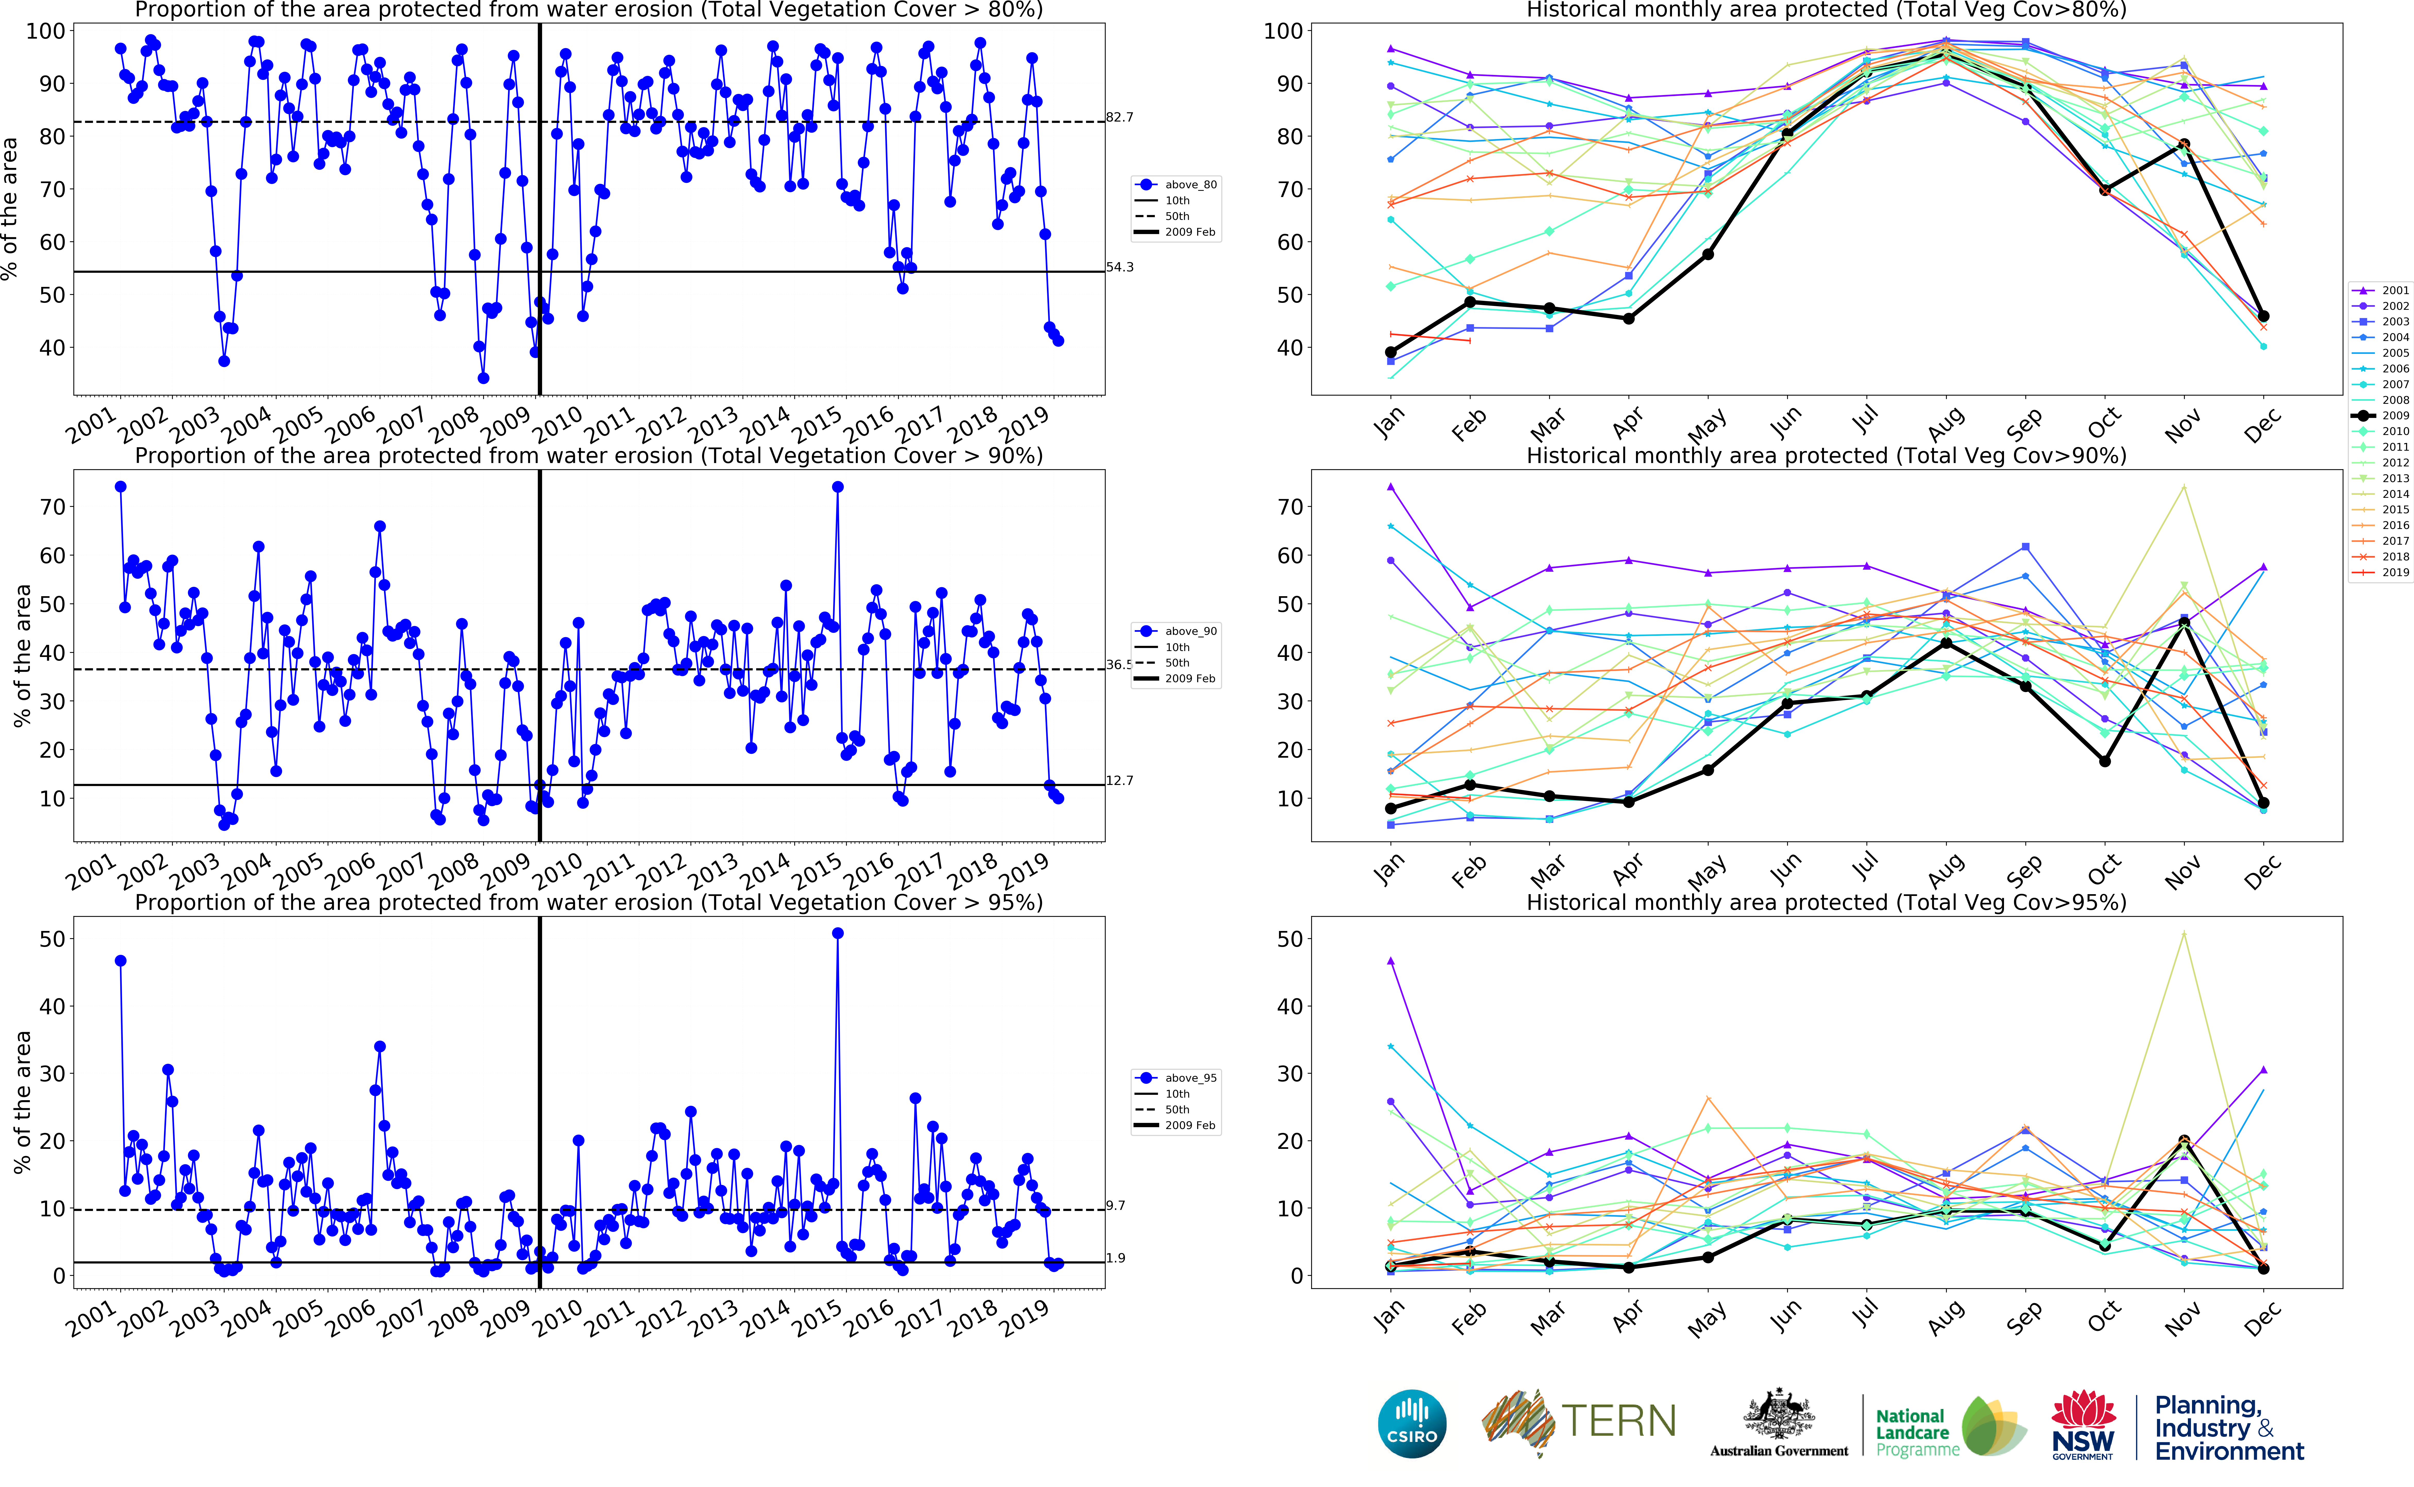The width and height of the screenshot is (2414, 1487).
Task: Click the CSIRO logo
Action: (x=1412, y=1423)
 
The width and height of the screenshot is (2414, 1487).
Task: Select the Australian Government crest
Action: (x=1779, y=1414)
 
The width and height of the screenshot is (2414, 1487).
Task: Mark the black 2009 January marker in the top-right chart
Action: (x=1391, y=352)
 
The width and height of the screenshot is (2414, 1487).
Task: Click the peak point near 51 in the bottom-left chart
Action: (x=837, y=933)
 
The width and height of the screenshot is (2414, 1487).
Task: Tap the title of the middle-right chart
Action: (x=1826, y=455)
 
